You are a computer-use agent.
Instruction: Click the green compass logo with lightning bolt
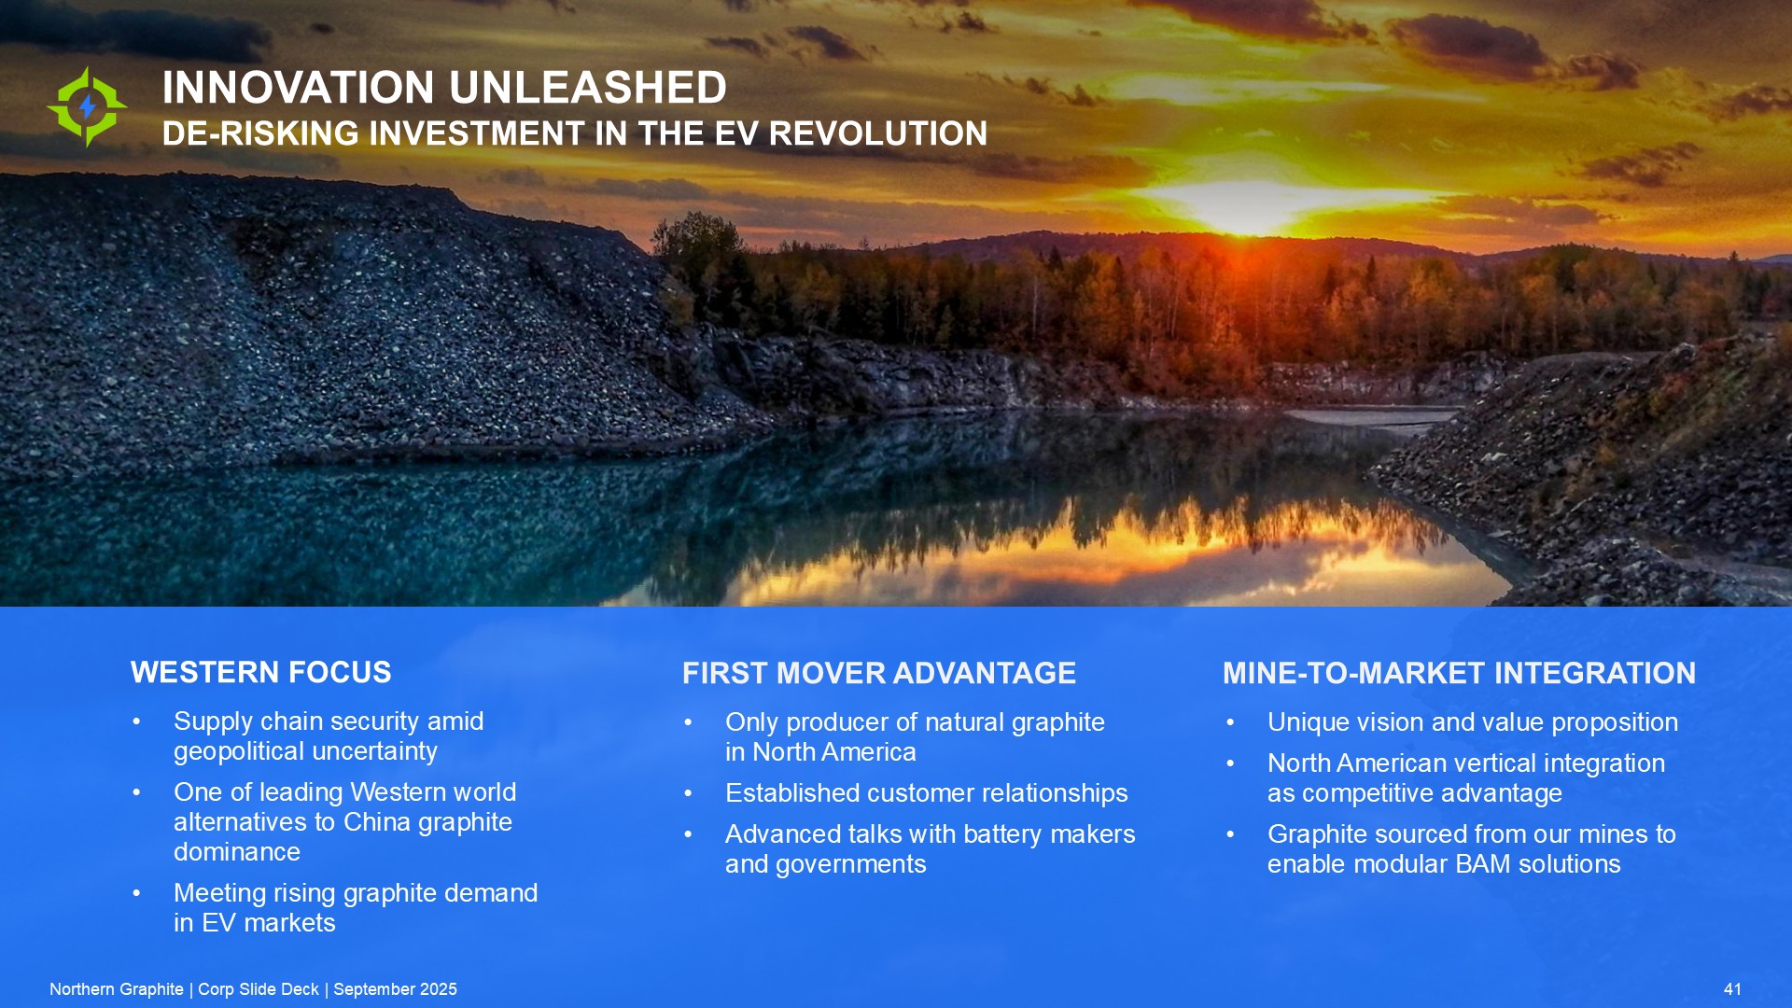(x=87, y=106)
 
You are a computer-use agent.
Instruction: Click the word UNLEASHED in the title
(x=587, y=88)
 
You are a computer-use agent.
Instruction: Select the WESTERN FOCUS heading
(x=261, y=672)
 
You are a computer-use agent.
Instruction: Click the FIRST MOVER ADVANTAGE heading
(x=879, y=673)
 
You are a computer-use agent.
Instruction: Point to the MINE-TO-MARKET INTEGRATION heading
(x=1460, y=673)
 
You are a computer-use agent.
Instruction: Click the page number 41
(x=1732, y=989)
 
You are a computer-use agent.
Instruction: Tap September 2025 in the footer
(x=396, y=989)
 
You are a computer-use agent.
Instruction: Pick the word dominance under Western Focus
(x=237, y=851)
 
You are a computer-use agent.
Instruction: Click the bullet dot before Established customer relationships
(x=689, y=793)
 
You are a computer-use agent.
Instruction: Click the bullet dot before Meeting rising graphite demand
(x=137, y=893)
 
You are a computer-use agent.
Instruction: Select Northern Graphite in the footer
(x=117, y=989)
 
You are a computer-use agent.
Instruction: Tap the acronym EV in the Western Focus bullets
(x=218, y=923)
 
